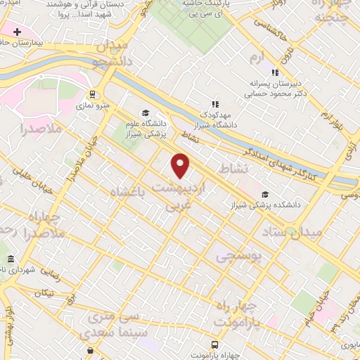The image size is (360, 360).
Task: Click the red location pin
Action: coord(181,165)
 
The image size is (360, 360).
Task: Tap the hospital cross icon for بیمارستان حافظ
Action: coord(17,32)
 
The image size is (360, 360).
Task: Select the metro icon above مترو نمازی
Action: coord(92,94)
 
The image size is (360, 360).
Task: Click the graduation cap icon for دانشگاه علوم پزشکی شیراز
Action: coord(146,112)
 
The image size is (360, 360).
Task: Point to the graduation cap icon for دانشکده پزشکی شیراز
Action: coord(265,194)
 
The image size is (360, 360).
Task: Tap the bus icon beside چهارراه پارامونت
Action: coord(215,345)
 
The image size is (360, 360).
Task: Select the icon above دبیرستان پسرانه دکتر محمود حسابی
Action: coord(276,72)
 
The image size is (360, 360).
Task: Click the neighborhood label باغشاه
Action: coord(129,191)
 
